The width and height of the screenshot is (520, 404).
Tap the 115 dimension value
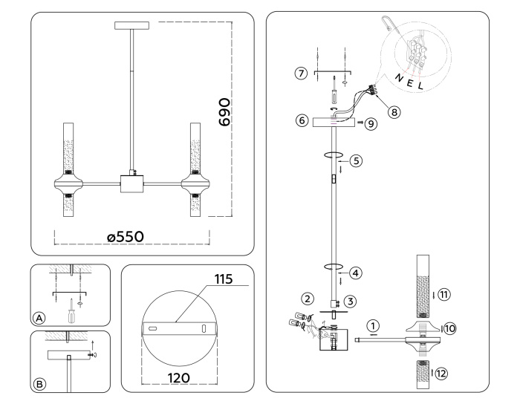tap(223, 279)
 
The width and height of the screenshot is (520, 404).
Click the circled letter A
tap(40, 317)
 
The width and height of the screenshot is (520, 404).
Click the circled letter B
tap(40, 383)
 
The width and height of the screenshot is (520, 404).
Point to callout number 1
tap(372, 325)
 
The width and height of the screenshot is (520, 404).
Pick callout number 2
tap(306, 299)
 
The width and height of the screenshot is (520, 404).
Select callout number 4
tap(356, 273)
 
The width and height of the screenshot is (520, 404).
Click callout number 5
tap(356, 160)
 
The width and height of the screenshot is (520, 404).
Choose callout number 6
tap(302, 120)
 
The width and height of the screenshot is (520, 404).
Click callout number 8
tap(394, 111)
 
